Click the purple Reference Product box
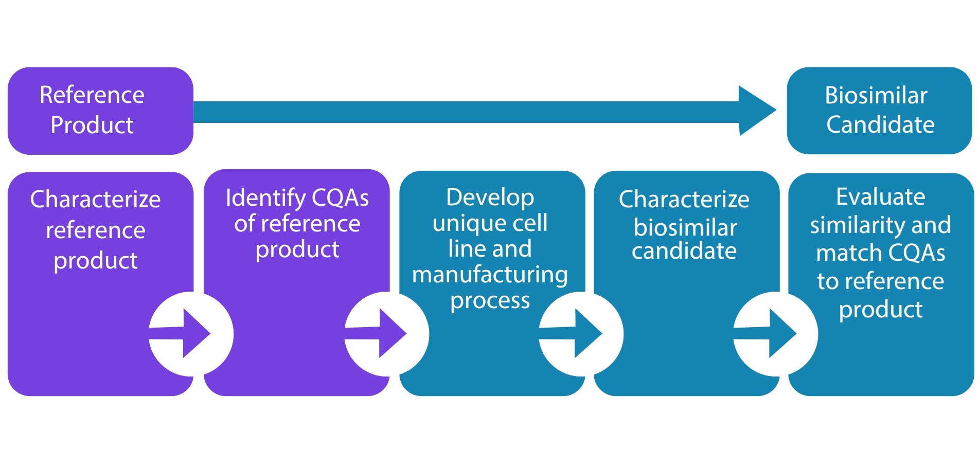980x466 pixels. [x=100, y=111]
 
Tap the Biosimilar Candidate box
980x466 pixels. [x=879, y=111]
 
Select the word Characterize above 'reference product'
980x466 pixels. [x=95, y=199]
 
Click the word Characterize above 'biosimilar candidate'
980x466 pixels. [x=684, y=199]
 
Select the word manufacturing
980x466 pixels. [x=490, y=275]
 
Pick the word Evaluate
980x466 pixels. [x=881, y=196]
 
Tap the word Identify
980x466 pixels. [x=265, y=198]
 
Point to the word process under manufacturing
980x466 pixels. [x=490, y=301]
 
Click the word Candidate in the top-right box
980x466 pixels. [x=880, y=124]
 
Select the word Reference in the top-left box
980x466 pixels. [x=92, y=95]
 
